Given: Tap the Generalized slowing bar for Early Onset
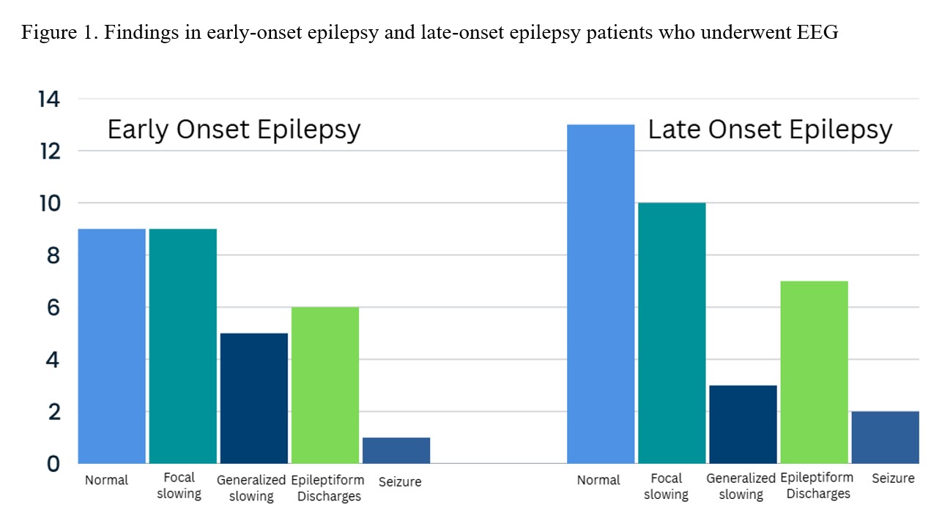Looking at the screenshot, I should pos(253,398).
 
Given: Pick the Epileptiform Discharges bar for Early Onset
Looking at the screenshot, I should pos(324,385).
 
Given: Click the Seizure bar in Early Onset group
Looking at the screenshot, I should pos(396,450).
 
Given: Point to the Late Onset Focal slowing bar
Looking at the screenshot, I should pos(672,333).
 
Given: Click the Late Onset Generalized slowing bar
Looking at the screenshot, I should pos(743,424).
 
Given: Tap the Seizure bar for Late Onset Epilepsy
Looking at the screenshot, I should pos(885,437).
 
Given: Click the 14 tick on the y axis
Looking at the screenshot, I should pos(50,99).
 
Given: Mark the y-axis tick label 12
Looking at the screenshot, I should pos(50,151).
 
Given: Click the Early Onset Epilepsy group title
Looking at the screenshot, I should pos(234,129).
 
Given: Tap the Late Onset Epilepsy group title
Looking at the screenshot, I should pos(770,129).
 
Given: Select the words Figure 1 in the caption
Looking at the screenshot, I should pos(51,33).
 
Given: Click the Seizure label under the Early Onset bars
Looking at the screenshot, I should pos(400,481).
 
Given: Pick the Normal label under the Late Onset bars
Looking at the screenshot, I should pos(598,480).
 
